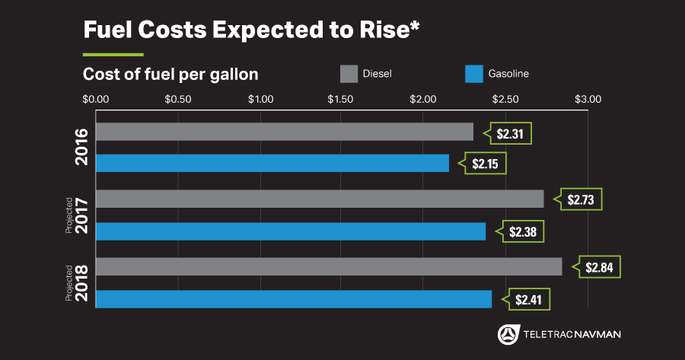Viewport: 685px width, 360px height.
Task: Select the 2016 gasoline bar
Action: tap(272, 163)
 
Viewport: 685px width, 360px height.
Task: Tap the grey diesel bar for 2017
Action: tap(320, 199)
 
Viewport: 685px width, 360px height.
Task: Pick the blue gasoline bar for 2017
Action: tap(290, 231)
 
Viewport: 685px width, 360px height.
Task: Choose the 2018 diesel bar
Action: tap(328, 266)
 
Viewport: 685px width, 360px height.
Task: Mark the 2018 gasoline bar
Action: tap(293, 299)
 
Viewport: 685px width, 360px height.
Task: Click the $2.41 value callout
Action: tap(527, 299)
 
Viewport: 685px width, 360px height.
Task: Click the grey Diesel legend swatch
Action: tap(349, 74)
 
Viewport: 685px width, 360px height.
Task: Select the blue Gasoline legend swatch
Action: tap(474, 74)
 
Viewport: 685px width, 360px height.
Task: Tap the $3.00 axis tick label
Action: tap(588, 99)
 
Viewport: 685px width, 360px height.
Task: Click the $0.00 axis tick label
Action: tap(96, 99)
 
